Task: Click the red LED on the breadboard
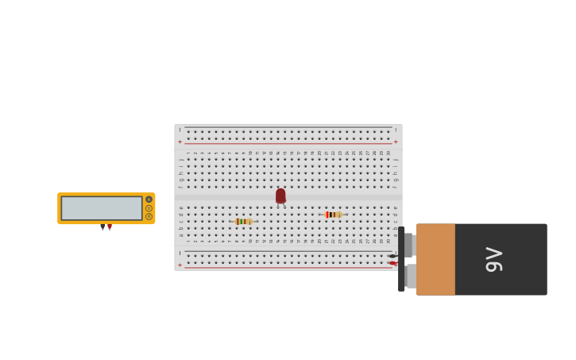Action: [280, 195]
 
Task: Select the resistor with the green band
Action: [243, 221]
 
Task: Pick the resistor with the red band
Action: [333, 215]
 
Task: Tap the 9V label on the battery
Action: [493, 259]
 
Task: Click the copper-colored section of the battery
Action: [435, 259]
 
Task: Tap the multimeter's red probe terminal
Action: [110, 226]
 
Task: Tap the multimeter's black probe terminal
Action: [102, 226]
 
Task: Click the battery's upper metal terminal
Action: [409, 245]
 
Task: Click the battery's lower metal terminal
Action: [410, 276]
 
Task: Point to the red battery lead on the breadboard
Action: [392, 263]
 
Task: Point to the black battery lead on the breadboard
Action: [392, 256]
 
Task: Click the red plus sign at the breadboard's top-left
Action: [180, 142]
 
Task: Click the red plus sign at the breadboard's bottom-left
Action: [180, 265]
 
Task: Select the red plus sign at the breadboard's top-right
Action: [396, 142]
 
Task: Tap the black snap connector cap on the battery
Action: [401, 259]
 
